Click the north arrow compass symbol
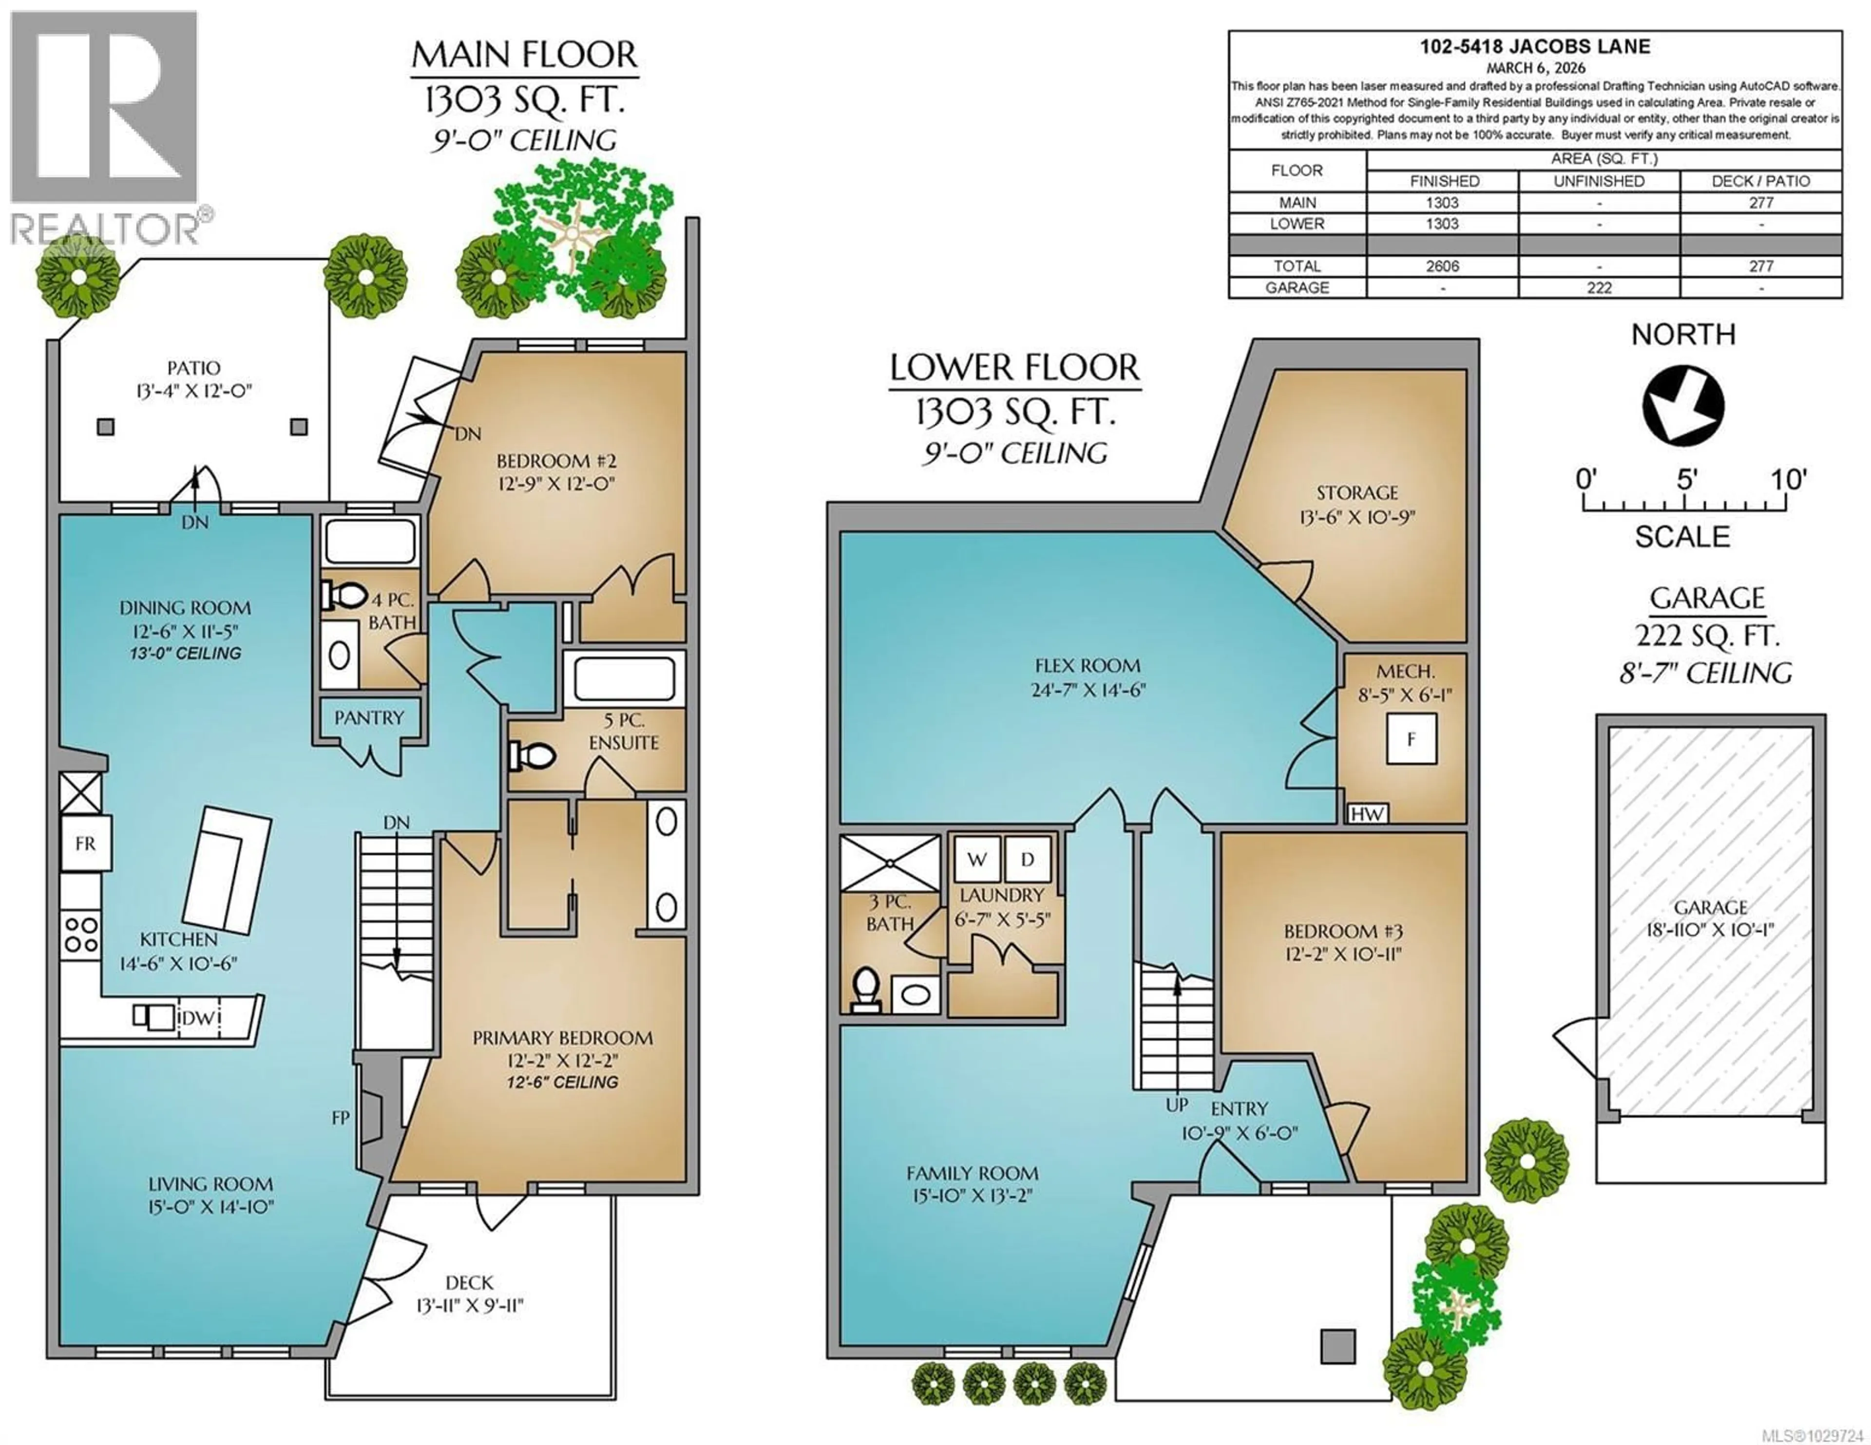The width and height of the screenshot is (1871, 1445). coord(1682,406)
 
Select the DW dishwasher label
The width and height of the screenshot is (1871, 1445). coord(198,1017)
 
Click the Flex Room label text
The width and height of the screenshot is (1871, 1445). coord(1087,666)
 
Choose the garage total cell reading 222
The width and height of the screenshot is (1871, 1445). coord(1599,288)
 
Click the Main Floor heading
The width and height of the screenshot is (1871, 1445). coord(524,55)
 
